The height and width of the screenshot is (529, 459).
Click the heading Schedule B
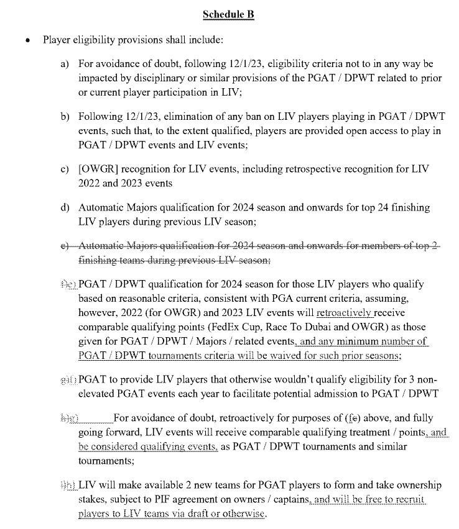click(229, 15)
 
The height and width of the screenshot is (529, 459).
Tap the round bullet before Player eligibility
click(27, 40)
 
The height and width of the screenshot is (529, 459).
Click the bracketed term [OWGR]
click(98, 170)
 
